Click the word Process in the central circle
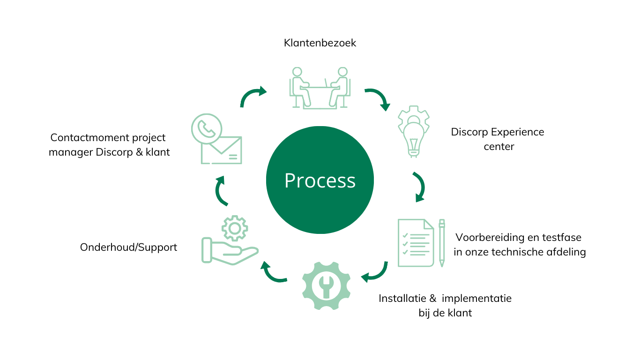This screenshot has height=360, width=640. point(320,180)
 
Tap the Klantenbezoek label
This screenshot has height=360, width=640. point(320,43)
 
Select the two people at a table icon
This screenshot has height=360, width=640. point(320,88)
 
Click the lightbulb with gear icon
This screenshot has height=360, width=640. point(414,132)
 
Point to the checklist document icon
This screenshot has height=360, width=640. point(416,243)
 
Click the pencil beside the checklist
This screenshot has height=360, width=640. point(442,243)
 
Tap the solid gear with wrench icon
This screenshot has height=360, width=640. point(326,285)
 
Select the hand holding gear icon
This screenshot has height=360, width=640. point(231,240)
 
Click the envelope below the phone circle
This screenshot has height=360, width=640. point(222,150)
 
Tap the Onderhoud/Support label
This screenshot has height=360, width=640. point(128,247)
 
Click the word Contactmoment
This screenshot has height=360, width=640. point(89,137)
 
